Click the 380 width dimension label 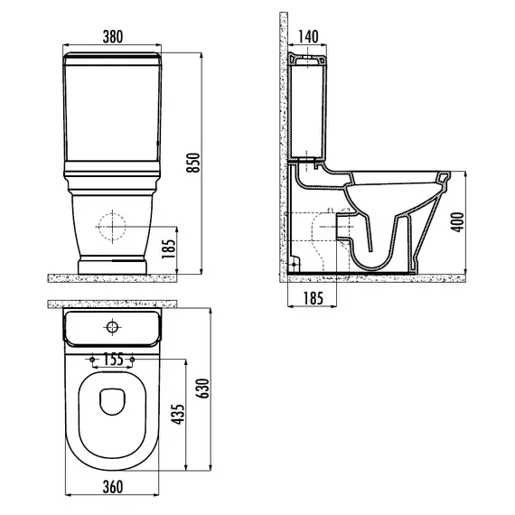113,36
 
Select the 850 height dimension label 192,163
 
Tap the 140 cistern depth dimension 308,36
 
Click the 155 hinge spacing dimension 113,359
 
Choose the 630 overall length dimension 203,389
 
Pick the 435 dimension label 178,414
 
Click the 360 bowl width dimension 113,487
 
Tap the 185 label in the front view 169,248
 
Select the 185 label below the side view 313,298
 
